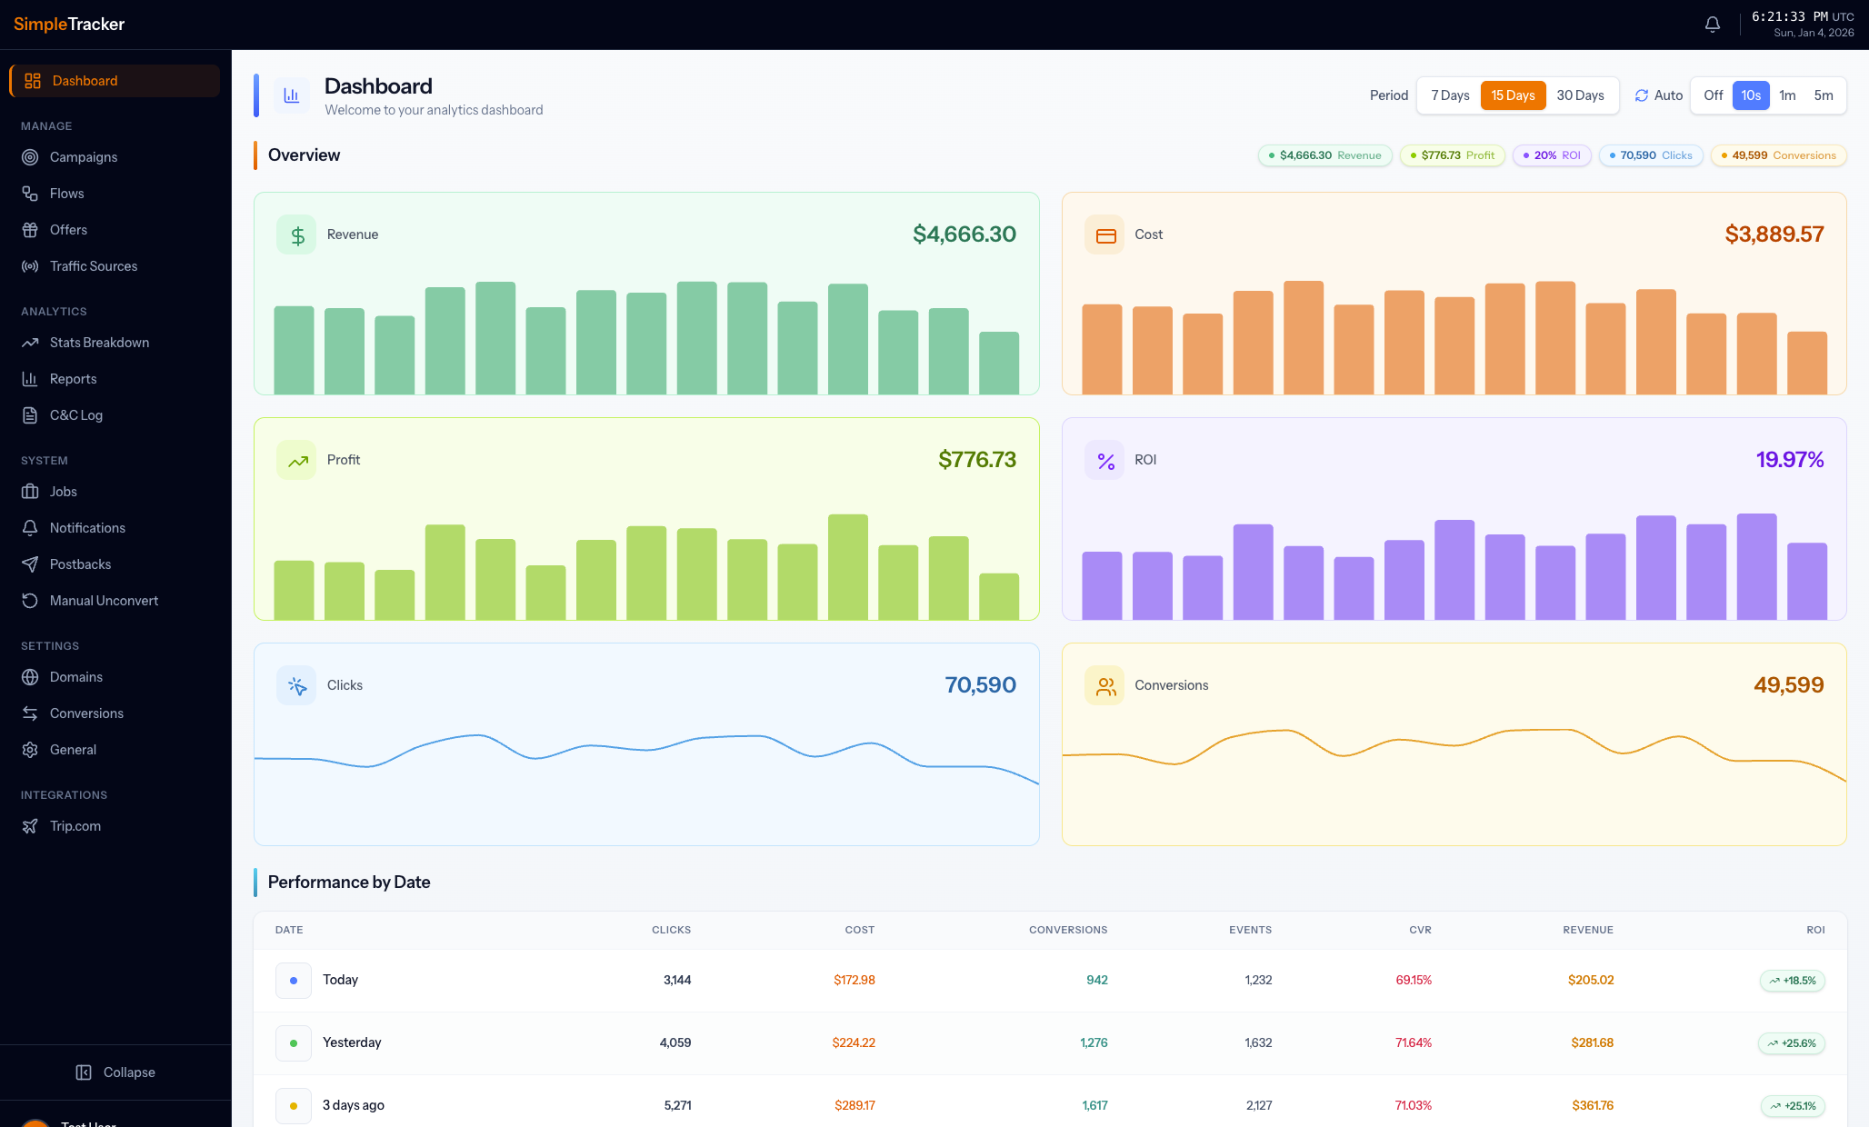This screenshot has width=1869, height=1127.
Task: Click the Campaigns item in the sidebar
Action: pyautogui.click(x=83, y=157)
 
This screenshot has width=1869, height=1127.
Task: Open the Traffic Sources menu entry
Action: pyautogui.click(x=93, y=266)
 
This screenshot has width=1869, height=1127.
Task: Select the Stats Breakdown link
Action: pyautogui.click(x=99, y=343)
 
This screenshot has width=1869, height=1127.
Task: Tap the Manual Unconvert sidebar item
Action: pyautogui.click(x=104, y=601)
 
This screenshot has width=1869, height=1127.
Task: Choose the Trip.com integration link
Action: pyautogui.click(x=75, y=826)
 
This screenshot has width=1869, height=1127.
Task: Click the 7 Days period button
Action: pyautogui.click(x=1450, y=95)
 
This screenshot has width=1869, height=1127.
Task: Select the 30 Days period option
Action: pyautogui.click(x=1580, y=95)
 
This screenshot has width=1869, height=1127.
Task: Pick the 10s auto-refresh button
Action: pyautogui.click(x=1751, y=95)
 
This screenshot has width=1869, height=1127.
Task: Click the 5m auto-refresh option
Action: pyautogui.click(x=1824, y=95)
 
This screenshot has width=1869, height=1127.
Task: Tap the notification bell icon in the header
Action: pyautogui.click(x=1713, y=25)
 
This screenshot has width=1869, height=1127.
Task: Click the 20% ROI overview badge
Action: pyautogui.click(x=1552, y=155)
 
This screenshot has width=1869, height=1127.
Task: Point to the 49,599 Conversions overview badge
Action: pyautogui.click(x=1778, y=155)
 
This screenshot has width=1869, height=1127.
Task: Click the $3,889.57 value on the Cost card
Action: pyautogui.click(x=1774, y=234)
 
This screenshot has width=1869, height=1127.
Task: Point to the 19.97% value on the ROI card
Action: pyautogui.click(x=1789, y=460)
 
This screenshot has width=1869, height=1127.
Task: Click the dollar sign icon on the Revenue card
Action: pyautogui.click(x=297, y=235)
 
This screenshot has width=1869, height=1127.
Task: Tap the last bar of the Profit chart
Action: pyautogui.click(x=998, y=596)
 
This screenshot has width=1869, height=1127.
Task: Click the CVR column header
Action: pyautogui.click(x=1420, y=930)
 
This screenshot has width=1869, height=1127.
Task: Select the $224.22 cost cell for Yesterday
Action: pyautogui.click(x=854, y=1042)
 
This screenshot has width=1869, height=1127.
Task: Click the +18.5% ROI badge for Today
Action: pyautogui.click(x=1792, y=981)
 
